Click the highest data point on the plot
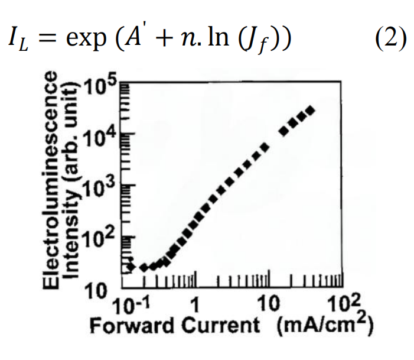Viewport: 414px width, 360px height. (310, 111)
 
